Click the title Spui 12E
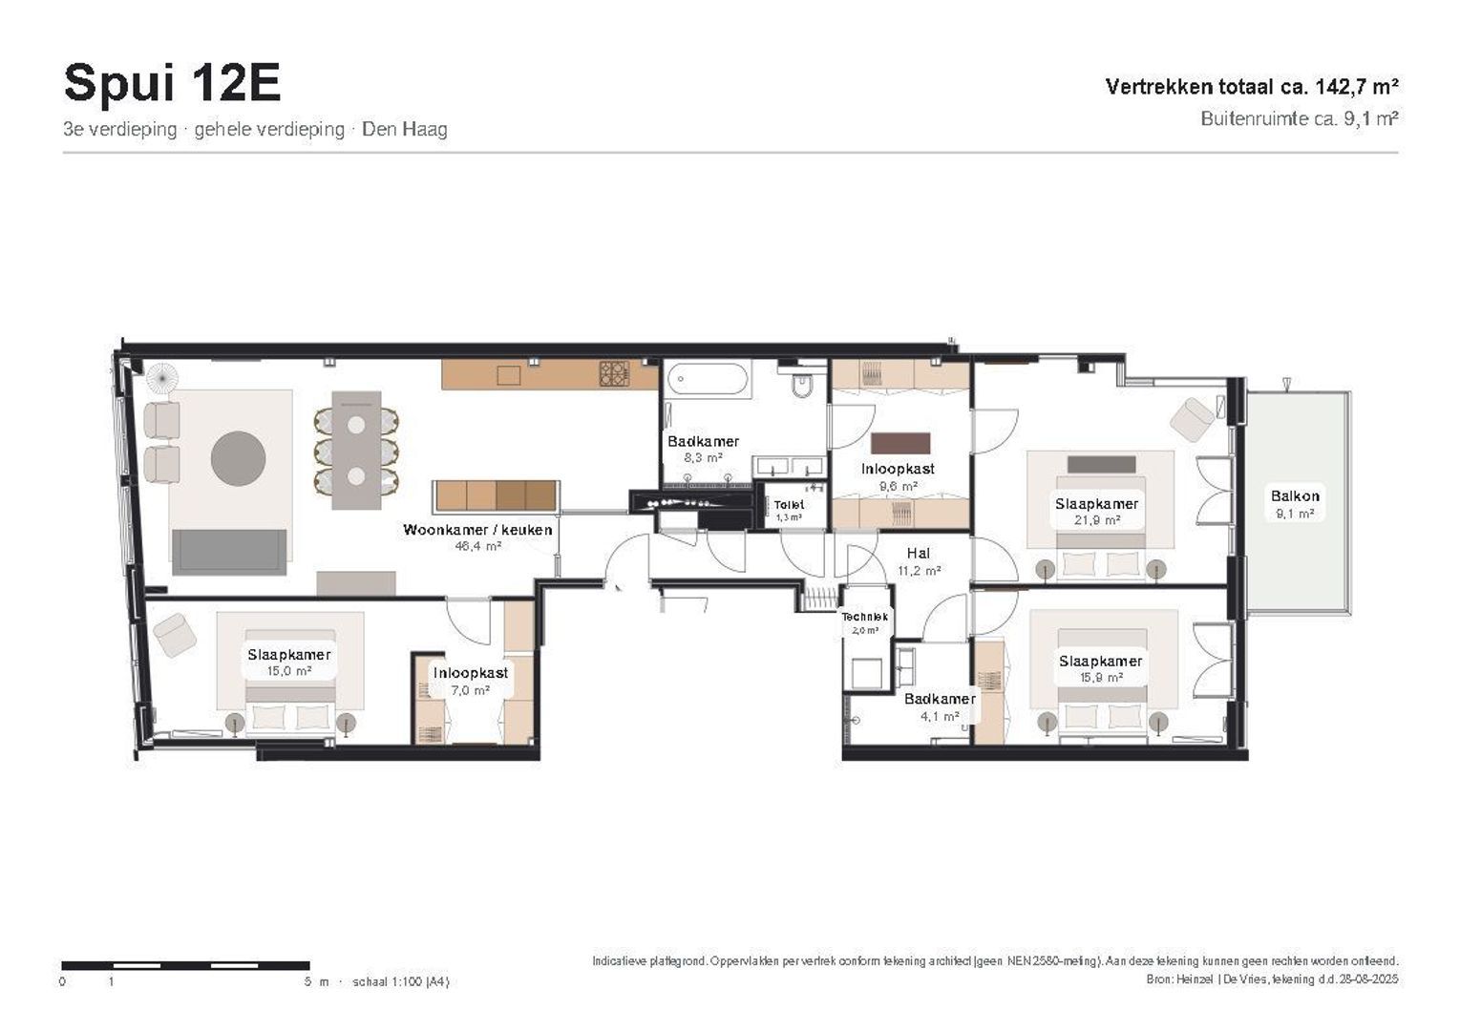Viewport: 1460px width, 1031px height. tap(172, 83)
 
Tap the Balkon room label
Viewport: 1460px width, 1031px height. tap(1295, 496)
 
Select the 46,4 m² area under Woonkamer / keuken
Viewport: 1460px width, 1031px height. tap(477, 546)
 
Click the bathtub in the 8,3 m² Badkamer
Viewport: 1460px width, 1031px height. tap(708, 379)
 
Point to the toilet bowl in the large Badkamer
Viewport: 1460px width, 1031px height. tap(802, 385)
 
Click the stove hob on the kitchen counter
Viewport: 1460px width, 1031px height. tap(615, 373)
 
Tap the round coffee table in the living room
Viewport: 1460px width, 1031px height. tap(239, 458)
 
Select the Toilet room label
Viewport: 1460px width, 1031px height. tap(789, 504)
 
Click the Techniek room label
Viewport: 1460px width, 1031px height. tap(864, 617)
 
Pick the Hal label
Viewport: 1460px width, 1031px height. tap(919, 554)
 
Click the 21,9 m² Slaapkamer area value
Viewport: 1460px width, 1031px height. tap(1097, 520)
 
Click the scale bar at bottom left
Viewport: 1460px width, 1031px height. tap(186, 965)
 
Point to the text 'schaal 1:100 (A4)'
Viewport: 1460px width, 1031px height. tap(401, 981)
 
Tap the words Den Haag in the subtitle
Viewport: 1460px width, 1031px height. tap(405, 129)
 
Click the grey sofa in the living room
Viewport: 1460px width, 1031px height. tap(229, 553)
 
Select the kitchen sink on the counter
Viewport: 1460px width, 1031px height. tap(509, 375)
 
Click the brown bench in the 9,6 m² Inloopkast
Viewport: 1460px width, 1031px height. tap(900, 443)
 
